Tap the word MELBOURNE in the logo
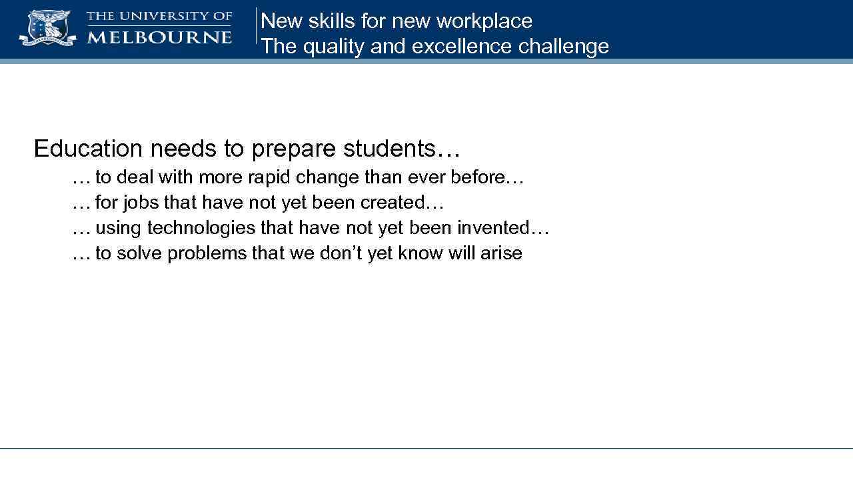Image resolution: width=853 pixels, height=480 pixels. (x=159, y=37)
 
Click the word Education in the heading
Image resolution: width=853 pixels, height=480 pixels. (x=88, y=148)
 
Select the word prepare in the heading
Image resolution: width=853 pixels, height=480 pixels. (x=294, y=149)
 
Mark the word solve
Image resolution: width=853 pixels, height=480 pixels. (x=139, y=253)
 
